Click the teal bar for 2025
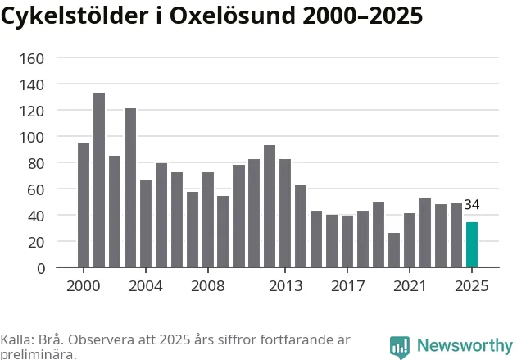[471, 245]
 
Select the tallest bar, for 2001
[99, 180]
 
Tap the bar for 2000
[84, 205]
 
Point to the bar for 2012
[270, 206]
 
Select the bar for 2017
[347, 241]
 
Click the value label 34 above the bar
[471, 205]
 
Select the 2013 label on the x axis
[285, 286]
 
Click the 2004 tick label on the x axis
[146, 286]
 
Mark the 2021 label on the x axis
[410, 286]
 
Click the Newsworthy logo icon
[400, 346]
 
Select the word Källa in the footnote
[16, 339]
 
